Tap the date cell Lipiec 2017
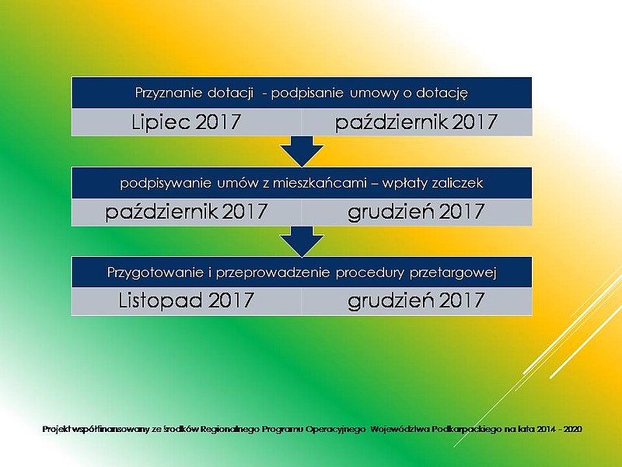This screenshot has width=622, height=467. click(x=186, y=122)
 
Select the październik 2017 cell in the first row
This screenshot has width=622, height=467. click(x=417, y=122)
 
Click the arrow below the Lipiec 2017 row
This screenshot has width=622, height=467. click(x=302, y=151)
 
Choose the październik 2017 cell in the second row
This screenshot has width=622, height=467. click(x=186, y=212)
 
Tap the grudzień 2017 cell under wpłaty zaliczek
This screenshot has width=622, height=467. click(x=417, y=212)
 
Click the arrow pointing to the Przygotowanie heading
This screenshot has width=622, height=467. click(x=302, y=241)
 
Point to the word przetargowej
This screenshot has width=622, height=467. click(x=453, y=273)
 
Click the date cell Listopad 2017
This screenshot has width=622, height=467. click(x=186, y=300)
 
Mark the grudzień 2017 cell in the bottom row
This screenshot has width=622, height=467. click(x=417, y=300)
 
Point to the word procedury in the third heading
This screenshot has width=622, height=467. click(x=370, y=273)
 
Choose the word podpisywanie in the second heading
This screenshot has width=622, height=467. click(x=166, y=183)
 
